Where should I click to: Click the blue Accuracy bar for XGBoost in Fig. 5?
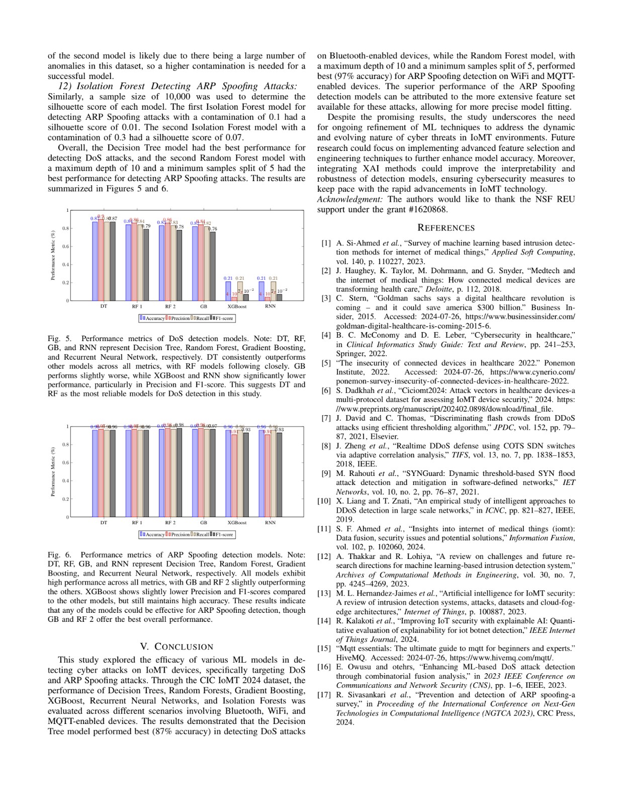coord(228,291)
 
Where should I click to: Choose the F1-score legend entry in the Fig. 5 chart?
coord(222,318)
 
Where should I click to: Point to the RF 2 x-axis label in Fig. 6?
coord(170,522)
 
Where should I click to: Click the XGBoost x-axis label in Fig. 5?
coord(237,306)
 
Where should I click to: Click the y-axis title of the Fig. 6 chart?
coord(53,472)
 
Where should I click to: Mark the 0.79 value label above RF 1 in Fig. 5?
coord(146,226)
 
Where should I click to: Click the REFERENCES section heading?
coord(446,228)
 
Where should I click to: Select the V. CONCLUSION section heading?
coord(176,647)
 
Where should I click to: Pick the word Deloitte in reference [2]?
coord(438,289)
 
